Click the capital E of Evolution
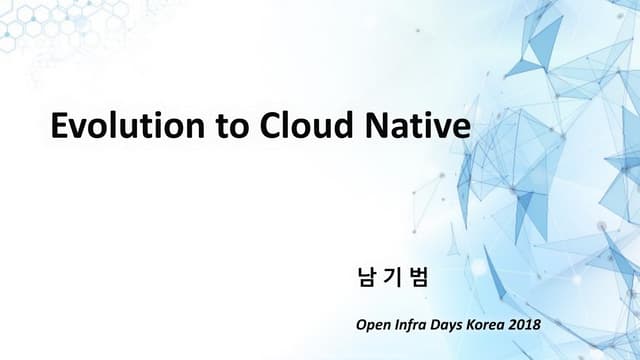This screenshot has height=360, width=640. [60, 128]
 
